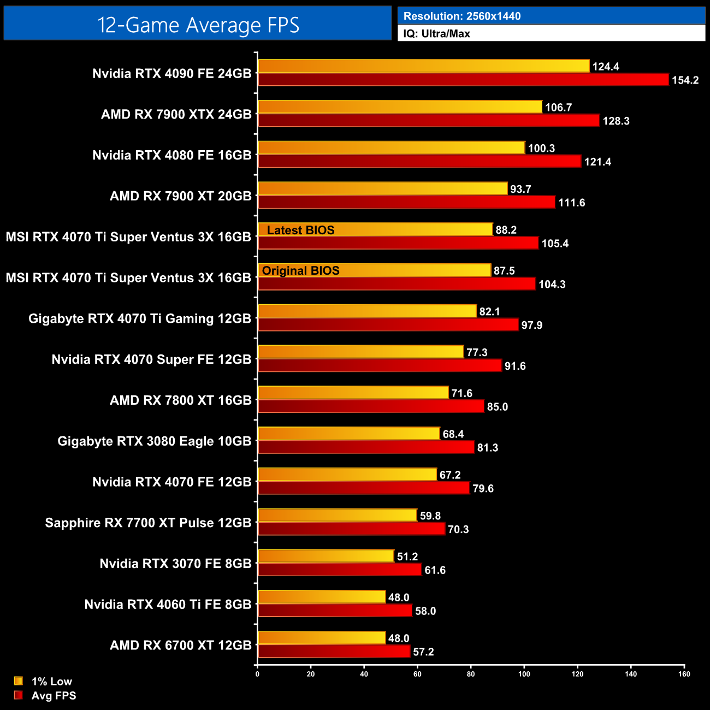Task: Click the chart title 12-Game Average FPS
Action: pyautogui.click(x=198, y=25)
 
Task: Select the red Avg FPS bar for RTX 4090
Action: pyautogui.click(x=463, y=80)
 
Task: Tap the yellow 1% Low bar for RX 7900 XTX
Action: pyautogui.click(x=400, y=107)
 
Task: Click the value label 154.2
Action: pyautogui.click(x=685, y=80)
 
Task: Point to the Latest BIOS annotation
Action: pyautogui.click(x=300, y=230)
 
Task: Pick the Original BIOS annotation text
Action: pyautogui.click(x=300, y=271)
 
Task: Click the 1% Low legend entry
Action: pyautogui.click(x=51, y=681)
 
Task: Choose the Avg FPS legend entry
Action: pyautogui.click(x=54, y=695)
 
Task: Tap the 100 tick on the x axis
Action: pyautogui.click(x=524, y=674)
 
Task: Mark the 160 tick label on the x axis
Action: pyautogui.click(x=684, y=674)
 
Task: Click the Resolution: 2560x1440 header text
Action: pyautogui.click(x=462, y=16)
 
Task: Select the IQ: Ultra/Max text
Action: pyautogui.click(x=436, y=34)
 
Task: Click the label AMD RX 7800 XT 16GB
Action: pyautogui.click(x=180, y=400)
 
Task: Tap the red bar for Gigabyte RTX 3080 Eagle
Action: pyautogui.click(x=366, y=447)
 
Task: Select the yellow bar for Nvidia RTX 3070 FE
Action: pyautogui.click(x=326, y=556)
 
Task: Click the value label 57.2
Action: pyautogui.click(x=423, y=652)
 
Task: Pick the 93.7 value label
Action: pyautogui.click(x=520, y=189)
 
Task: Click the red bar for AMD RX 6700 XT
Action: pyautogui.click(x=333, y=652)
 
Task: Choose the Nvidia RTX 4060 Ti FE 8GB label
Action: pyautogui.click(x=168, y=605)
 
